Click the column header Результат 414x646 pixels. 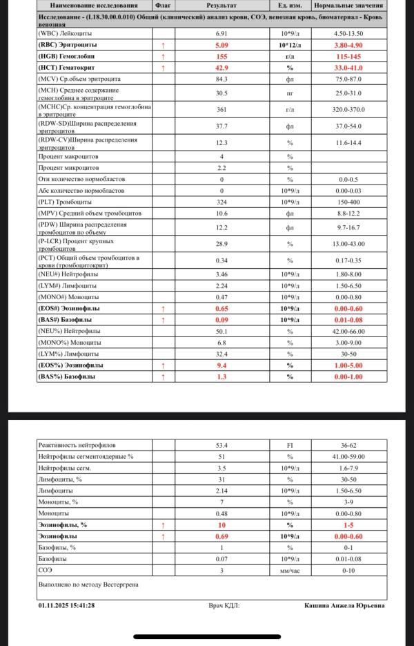(221, 6)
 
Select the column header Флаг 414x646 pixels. (162, 6)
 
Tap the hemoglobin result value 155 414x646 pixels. (221, 56)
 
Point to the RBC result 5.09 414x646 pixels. (221, 44)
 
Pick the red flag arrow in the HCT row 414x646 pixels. (163, 68)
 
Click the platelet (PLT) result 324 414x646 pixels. (221, 202)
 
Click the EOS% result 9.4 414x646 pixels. (221, 365)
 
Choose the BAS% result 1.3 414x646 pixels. (221, 377)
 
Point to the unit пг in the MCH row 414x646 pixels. (290, 93)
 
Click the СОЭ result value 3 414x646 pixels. (221, 570)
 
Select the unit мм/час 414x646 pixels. (290, 570)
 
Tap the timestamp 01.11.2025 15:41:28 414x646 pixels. (67, 606)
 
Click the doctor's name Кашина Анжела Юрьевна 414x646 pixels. (344, 606)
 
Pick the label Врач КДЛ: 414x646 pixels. (224, 606)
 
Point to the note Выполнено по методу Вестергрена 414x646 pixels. (88, 585)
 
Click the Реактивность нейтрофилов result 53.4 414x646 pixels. (221, 446)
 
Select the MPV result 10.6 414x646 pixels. (221, 213)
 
